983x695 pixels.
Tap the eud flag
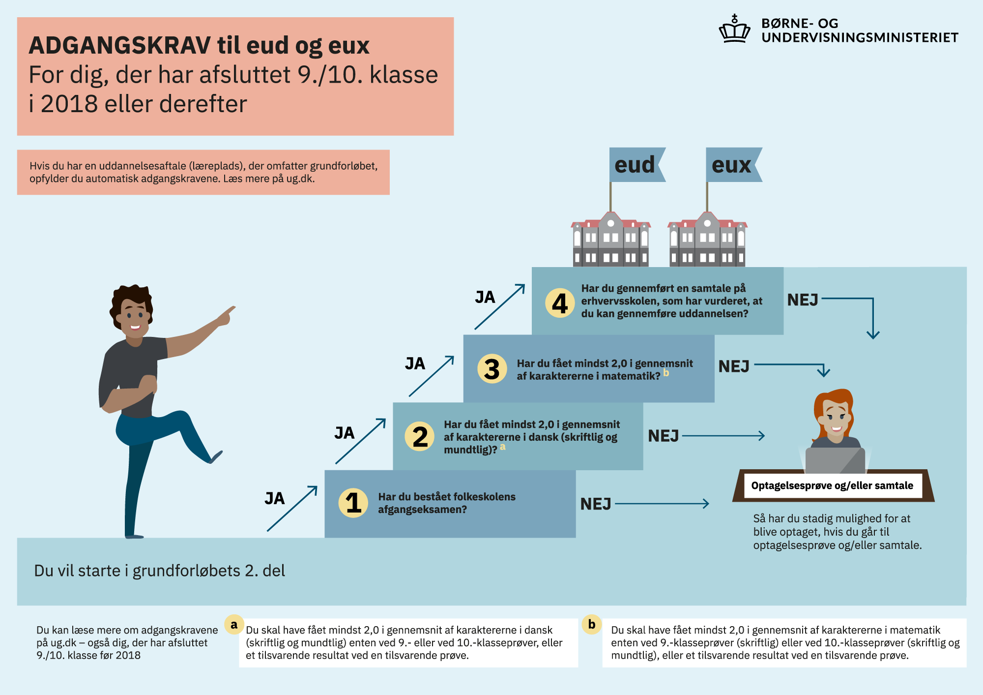[x=637, y=165]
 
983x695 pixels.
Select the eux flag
[x=734, y=165]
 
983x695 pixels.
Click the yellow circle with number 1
[x=353, y=503]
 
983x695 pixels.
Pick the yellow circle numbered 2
[x=420, y=436]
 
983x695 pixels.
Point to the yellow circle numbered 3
[x=492, y=369]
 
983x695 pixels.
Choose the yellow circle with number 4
[x=560, y=302]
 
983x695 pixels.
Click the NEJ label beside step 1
[x=596, y=504]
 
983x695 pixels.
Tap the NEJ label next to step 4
[x=803, y=300]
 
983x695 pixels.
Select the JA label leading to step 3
[x=415, y=363]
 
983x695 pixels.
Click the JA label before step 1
[x=274, y=498]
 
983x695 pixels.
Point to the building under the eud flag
[x=610, y=240]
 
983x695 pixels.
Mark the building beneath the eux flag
[x=707, y=240]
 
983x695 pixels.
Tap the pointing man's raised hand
[x=226, y=316]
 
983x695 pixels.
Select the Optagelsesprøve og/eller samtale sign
[x=833, y=485]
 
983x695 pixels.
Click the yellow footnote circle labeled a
[x=234, y=624]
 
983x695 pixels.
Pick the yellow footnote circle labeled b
[x=592, y=624]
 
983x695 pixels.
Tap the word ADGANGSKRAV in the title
[x=120, y=46]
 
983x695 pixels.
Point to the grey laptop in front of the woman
[x=835, y=460]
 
